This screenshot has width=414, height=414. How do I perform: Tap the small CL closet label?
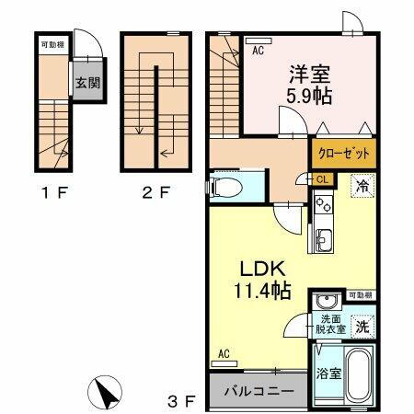(323, 180)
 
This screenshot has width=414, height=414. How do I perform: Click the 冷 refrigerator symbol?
(364, 185)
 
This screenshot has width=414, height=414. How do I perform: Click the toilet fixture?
(226, 189)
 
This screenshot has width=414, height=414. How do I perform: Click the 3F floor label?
(183, 400)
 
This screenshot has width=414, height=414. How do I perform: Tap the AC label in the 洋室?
(259, 52)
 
